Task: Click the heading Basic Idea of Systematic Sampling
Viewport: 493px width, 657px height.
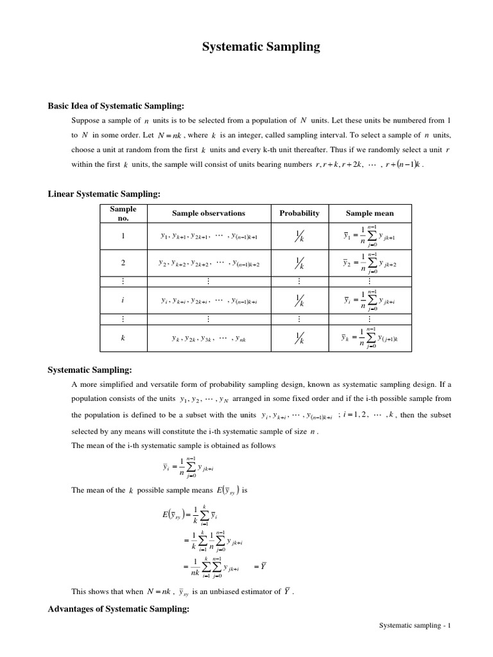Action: point(116,107)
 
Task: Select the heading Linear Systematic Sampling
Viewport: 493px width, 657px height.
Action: point(104,194)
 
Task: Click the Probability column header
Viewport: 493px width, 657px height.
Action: point(299,213)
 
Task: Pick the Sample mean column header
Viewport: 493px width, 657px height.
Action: point(370,213)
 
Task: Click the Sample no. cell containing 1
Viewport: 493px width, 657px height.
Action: point(123,237)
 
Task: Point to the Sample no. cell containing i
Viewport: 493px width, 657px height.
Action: point(123,300)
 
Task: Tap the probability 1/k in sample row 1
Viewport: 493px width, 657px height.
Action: point(299,237)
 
